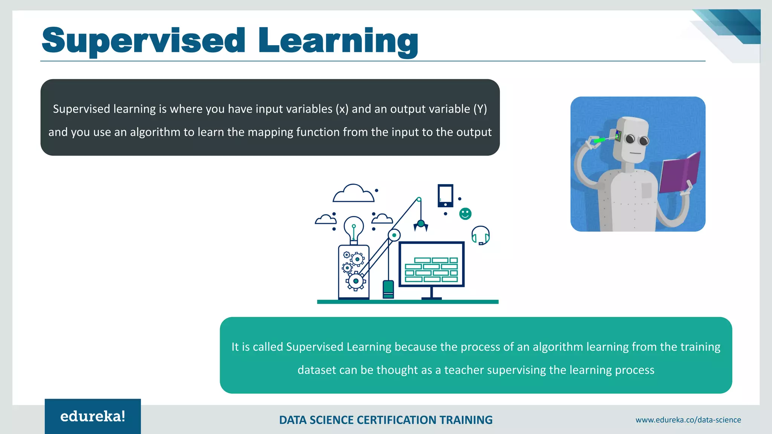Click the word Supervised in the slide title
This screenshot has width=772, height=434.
pos(143,41)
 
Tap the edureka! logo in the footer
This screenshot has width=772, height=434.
pos(93,416)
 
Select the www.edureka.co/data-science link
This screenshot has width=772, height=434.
pos(688,420)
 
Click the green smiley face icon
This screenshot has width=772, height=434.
pos(465,214)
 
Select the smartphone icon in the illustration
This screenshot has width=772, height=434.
pos(445,196)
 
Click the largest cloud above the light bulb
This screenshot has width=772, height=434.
pos(353,194)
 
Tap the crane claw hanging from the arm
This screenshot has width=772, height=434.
pos(421,225)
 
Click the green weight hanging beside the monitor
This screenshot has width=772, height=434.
pos(388,289)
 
